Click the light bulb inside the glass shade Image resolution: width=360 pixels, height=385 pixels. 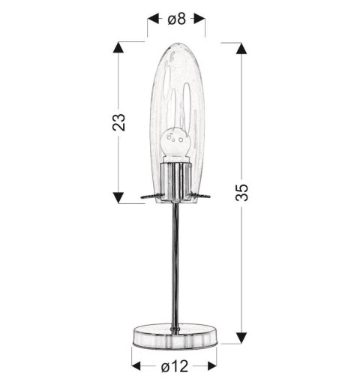tap(175, 143)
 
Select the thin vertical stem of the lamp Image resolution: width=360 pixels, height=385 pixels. tap(176, 263)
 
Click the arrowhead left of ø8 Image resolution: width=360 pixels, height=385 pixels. tap(152, 16)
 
